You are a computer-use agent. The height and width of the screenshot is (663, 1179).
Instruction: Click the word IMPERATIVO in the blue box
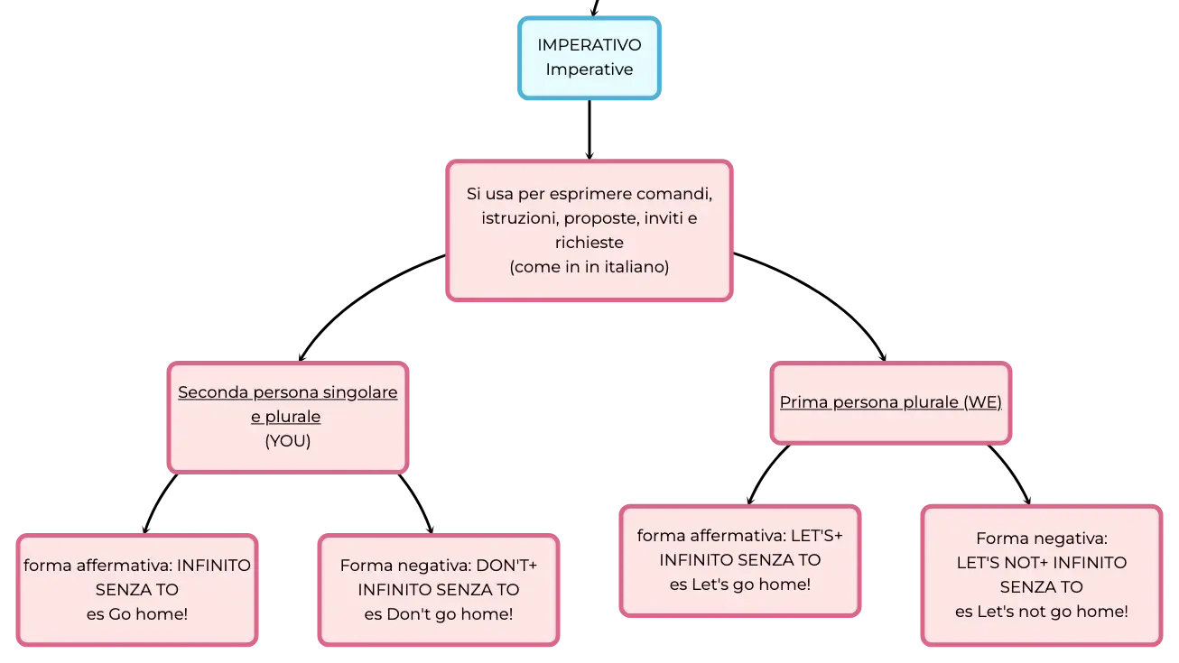coord(589,45)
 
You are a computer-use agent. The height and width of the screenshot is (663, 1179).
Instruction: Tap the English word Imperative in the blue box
coord(589,69)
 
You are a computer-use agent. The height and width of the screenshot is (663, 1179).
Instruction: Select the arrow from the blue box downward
coord(589,129)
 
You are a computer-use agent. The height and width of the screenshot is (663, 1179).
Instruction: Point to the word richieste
coord(589,243)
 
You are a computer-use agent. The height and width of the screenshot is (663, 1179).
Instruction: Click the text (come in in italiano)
coord(589,267)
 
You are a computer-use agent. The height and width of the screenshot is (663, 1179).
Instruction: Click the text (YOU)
coord(288,440)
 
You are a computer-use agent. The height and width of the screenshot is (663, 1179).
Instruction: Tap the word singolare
coord(360,392)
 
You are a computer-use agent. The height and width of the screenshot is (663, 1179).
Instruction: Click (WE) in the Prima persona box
coord(983,402)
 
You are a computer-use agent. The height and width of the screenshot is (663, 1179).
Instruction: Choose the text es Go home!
coord(137,614)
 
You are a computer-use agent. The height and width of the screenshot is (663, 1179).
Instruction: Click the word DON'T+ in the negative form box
coord(506,566)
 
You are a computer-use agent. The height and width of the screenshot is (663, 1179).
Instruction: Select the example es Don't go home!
coord(439,614)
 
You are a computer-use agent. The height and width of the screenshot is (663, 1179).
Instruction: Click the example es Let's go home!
coord(740,585)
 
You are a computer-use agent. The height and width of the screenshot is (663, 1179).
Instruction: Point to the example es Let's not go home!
coord(1042,612)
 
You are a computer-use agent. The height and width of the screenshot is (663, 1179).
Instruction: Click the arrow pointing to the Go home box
coord(158,502)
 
